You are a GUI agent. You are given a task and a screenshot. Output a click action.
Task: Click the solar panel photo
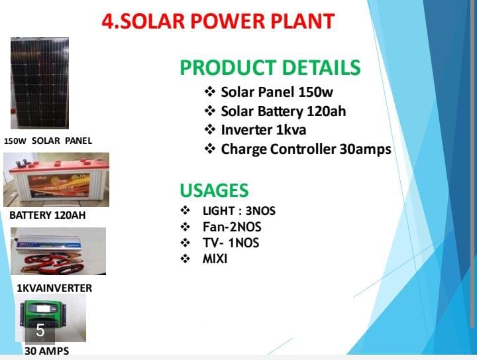[39, 83]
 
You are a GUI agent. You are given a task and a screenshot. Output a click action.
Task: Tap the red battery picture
[56, 180]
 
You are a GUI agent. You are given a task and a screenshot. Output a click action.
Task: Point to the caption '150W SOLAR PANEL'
[48, 141]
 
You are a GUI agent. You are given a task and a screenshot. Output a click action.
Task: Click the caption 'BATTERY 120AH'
[47, 215]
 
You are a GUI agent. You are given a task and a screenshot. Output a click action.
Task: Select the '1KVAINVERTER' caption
[54, 288]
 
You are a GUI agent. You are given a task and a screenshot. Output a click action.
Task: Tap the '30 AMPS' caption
[46, 351]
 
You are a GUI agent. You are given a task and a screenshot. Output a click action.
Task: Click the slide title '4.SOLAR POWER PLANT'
[218, 21]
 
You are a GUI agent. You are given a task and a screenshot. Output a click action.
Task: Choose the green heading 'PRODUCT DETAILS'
[270, 68]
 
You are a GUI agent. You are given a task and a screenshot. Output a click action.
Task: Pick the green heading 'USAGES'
[214, 190]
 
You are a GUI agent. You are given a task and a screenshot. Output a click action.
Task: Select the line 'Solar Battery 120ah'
[283, 111]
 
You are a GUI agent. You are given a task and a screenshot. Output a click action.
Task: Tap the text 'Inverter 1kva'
[264, 129]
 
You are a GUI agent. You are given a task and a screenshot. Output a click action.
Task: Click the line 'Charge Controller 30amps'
[305, 149]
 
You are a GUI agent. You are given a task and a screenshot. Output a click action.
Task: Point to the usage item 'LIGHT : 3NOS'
[238, 211]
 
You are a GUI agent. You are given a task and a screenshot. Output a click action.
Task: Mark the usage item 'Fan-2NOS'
[232, 227]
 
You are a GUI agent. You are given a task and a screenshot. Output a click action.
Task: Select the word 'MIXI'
[215, 259]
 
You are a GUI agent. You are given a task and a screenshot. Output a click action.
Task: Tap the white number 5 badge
[40, 330]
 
